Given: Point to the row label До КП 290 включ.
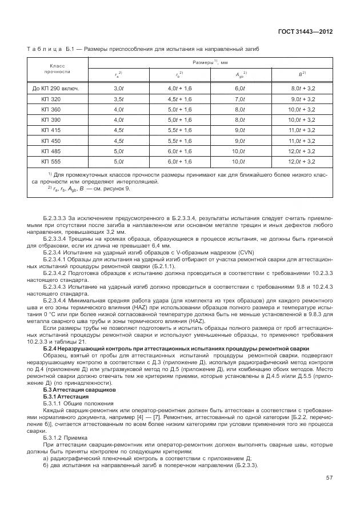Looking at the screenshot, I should coord(56,88).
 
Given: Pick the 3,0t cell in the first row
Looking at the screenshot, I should coord(119,88).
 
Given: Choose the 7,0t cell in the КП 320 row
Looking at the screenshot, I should coord(240,99).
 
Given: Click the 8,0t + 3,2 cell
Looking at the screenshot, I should coord(303,88).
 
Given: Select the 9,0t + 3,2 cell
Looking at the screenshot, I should coord(303,99).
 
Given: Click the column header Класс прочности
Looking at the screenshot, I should coord(56,69).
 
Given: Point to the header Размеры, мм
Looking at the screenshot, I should coord(210,61).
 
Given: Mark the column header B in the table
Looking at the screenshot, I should coord(302,74).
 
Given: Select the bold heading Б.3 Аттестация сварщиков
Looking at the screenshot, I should coord(71,389).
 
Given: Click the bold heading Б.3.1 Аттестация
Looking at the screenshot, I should coord(66,396).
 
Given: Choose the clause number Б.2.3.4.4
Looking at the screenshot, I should coord(57,300).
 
